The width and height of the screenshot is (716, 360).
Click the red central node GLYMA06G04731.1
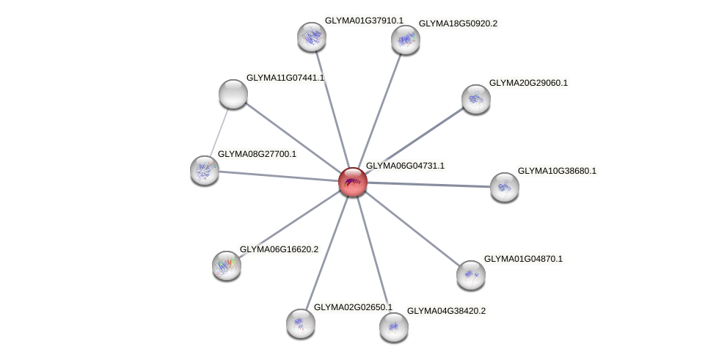tap(352, 181)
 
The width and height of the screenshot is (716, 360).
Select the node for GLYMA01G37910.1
tap(311, 36)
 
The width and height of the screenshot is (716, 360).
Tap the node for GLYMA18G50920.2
tap(405, 40)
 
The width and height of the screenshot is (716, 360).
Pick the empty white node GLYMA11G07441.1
tap(233, 93)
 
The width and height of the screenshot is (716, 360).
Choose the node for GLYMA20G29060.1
tap(475, 99)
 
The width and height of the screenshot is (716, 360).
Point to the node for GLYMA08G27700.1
tap(205, 170)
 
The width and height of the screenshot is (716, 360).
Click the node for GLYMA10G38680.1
tap(504, 187)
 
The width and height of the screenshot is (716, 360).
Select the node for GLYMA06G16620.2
tap(226, 265)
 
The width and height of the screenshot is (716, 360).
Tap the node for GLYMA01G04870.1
tap(470, 275)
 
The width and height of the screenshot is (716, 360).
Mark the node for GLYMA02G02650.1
tap(300, 323)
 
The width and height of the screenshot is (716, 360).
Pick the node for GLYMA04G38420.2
tap(393, 326)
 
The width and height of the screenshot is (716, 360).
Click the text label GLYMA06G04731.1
tap(405, 166)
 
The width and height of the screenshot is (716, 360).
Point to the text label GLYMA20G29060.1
tap(528, 84)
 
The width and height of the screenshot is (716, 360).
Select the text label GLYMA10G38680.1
tap(557, 172)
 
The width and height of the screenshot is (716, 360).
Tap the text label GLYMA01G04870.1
tap(523, 260)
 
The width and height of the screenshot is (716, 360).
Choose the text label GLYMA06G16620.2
tap(279, 250)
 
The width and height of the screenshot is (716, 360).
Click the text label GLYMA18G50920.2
tap(458, 24)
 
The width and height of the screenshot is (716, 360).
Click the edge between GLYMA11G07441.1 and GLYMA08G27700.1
tap(219, 131)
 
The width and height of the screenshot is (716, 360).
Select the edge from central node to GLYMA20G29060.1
tap(414, 140)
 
